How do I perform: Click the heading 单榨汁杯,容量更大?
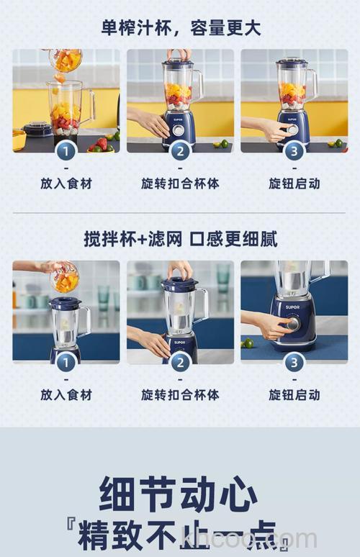tap(180, 29)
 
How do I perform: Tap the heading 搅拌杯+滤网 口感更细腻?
tap(180, 239)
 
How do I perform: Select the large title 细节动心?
tap(180, 495)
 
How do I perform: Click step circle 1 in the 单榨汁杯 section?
tap(66, 151)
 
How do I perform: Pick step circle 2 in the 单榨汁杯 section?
tap(180, 151)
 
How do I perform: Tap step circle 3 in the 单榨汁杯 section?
tap(294, 151)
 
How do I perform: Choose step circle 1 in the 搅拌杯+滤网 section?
tap(66, 362)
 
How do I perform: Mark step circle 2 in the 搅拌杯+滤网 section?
tap(180, 362)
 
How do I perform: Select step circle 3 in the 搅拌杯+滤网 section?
tap(294, 362)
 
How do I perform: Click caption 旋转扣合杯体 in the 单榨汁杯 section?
tap(180, 184)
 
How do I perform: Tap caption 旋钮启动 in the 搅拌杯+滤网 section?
tap(294, 394)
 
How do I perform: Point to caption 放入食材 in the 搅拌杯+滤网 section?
tap(66, 394)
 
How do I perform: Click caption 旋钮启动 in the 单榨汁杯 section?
tap(294, 184)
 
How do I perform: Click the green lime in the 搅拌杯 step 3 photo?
tap(248, 343)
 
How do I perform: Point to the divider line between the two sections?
tap(180, 212)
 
